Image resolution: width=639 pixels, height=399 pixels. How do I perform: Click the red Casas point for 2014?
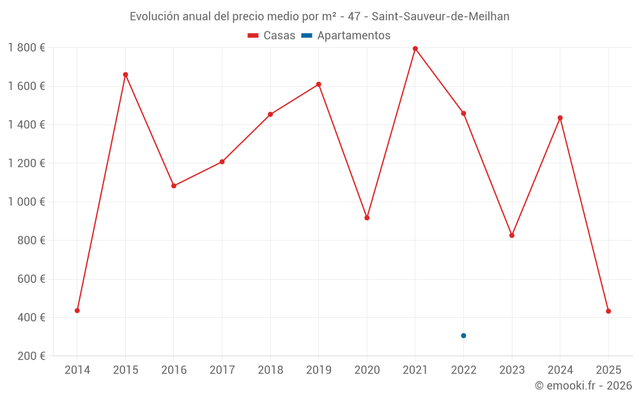pos(77,310)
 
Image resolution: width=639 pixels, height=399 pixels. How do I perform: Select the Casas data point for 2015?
pos(125,75)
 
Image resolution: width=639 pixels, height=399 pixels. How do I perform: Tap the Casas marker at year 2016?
pos(174,186)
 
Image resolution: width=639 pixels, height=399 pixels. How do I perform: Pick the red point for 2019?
pos(319,84)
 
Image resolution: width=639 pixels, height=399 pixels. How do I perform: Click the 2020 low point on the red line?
pos(367,218)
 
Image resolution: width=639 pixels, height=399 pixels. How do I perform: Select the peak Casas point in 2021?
pos(415,49)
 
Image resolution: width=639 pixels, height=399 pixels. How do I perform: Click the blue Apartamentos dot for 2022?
pos(463,336)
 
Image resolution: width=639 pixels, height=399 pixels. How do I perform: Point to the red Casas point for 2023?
pos(512,236)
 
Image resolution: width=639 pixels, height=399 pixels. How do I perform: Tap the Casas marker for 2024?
pos(560,117)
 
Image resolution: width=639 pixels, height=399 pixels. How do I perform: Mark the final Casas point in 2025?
pos(608,311)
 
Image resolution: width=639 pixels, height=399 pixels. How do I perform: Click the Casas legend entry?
pos(272,36)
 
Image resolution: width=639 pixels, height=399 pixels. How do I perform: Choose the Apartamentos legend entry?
pos(346,36)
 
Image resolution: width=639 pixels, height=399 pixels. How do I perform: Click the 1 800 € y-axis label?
pos(26,47)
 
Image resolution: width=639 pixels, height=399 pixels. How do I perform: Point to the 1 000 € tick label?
pos(26,202)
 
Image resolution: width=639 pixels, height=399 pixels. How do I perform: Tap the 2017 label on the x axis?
pos(222,370)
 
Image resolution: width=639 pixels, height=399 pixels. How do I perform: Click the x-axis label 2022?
pos(463,370)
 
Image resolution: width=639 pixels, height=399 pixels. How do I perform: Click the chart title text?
pos(319,17)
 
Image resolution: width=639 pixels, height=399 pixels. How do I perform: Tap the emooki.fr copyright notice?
pos(583,386)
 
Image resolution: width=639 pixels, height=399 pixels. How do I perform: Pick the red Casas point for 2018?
pos(270,114)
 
